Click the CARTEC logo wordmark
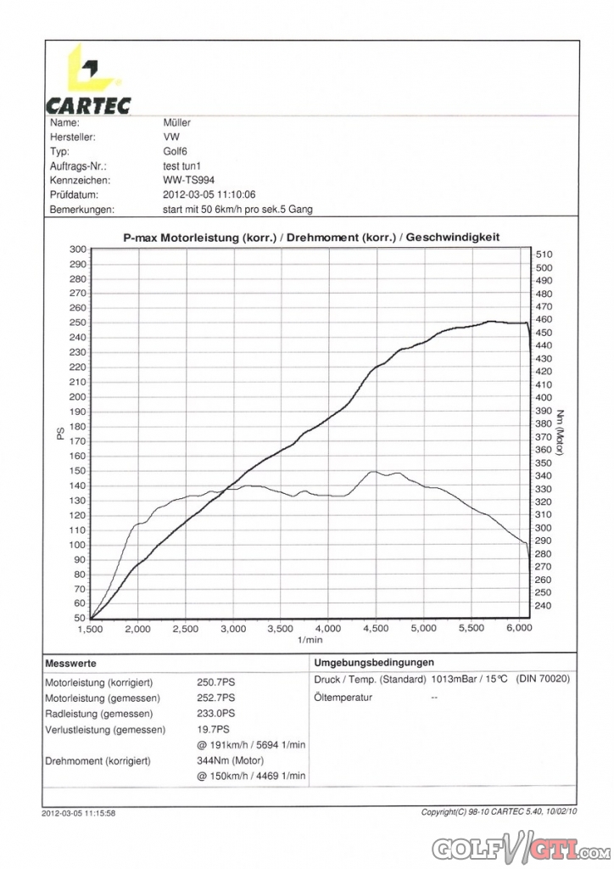[x=88, y=105]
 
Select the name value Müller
[x=176, y=122]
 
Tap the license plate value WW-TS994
[x=188, y=180]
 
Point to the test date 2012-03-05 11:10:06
[x=209, y=194]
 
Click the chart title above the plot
[x=311, y=238]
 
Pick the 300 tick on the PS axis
[x=78, y=249]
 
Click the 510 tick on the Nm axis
[x=544, y=255]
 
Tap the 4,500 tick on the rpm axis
[x=376, y=629]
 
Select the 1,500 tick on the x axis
[x=90, y=629]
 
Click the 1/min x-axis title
[x=310, y=640]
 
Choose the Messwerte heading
[x=70, y=664]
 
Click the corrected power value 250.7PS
[x=216, y=682]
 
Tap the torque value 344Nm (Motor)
[x=231, y=760]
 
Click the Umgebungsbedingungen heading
[x=374, y=663]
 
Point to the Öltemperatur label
[x=343, y=698]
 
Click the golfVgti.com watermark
[x=521, y=849]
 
